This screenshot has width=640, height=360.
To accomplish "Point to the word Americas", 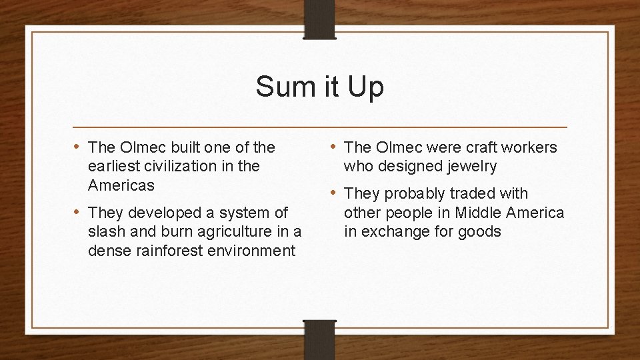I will click(x=121, y=185).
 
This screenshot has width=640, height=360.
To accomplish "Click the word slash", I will click(x=107, y=231).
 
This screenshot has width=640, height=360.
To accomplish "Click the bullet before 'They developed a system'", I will click(x=77, y=213).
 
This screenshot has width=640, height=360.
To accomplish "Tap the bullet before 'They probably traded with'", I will click(x=334, y=193).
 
